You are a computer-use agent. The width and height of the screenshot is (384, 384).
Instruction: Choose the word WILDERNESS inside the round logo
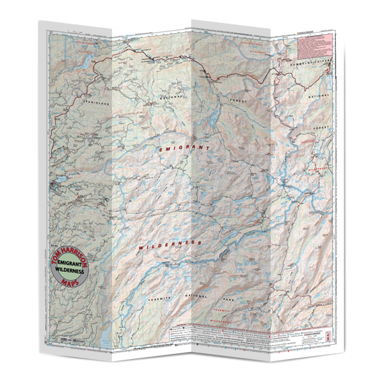pyautogui.click(x=72, y=271)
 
